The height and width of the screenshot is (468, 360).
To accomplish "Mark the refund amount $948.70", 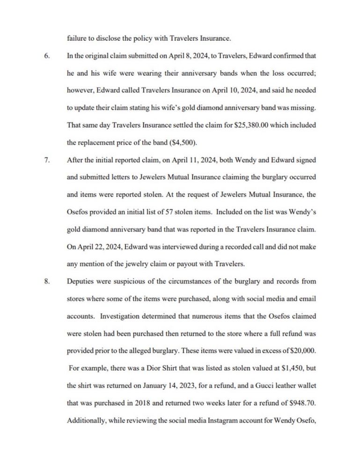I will [x=300, y=402].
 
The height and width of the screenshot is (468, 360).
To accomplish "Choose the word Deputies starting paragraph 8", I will [x=81, y=282].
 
